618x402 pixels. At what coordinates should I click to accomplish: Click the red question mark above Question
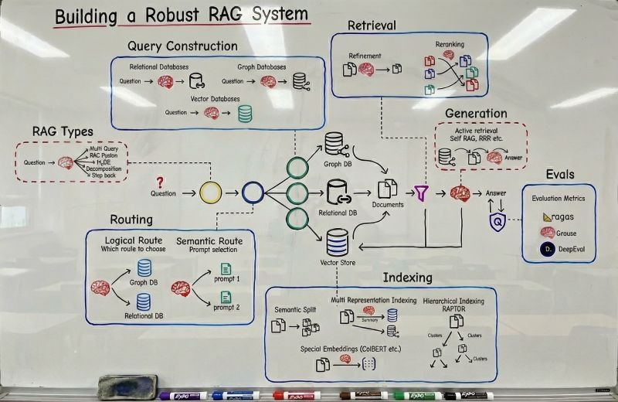tap(160, 182)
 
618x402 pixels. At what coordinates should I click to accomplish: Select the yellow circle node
tap(210, 192)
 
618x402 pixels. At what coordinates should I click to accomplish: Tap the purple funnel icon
tap(420, 192)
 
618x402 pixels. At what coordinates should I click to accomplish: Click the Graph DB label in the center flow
tap(334, 163)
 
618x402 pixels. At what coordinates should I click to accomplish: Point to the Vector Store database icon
tap(336, 243)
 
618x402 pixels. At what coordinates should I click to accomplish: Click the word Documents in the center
tap(388, 206)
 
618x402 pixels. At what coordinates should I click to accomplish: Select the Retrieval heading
tap(372, 26)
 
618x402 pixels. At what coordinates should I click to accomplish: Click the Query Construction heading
tap(182, 47)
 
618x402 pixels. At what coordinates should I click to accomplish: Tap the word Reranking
tap(450, 46)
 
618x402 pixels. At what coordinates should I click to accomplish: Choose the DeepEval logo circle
tap(547, 250)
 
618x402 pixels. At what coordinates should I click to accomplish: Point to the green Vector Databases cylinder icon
tap(246, 113)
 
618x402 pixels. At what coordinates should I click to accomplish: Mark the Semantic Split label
tap(295, 310)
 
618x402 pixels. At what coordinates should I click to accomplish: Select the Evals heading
tap(559, 174)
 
